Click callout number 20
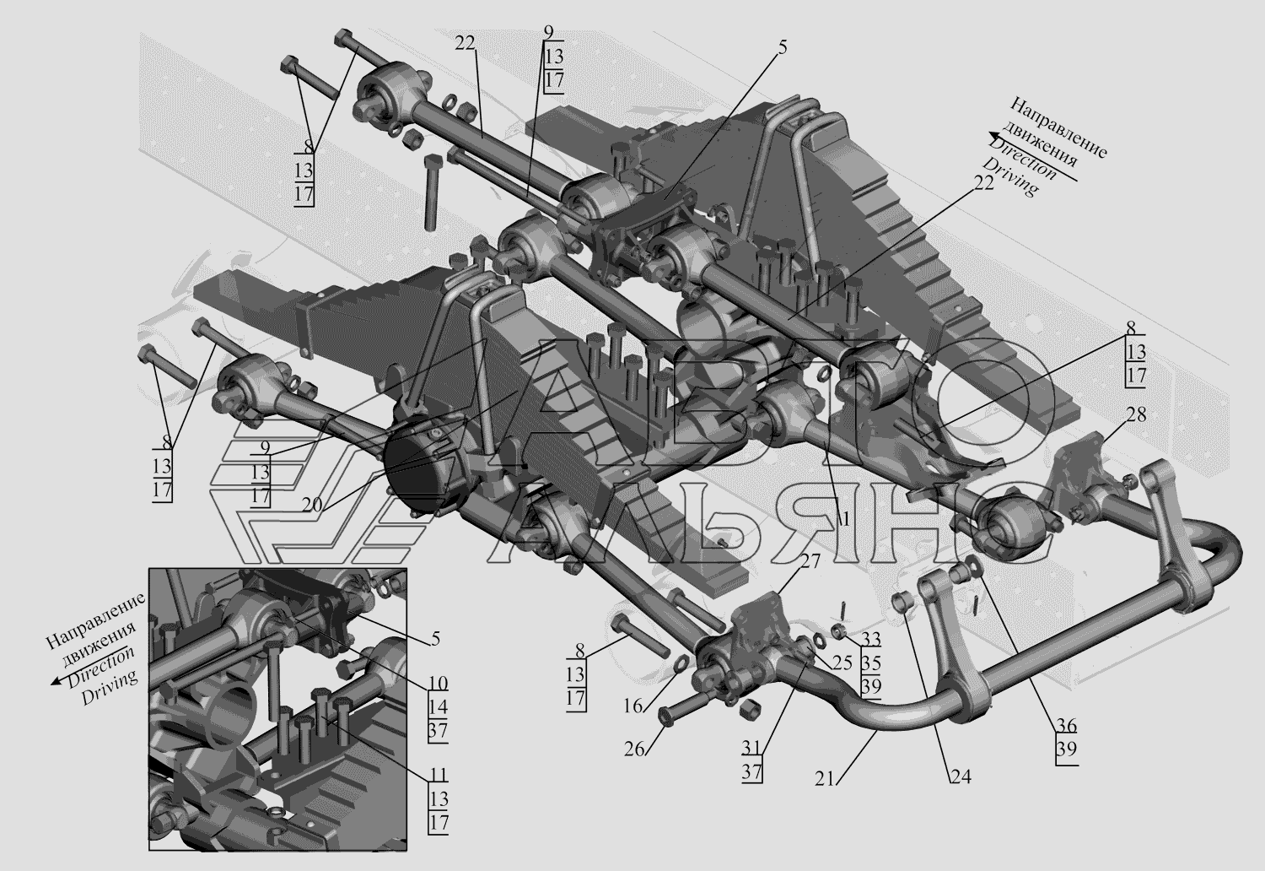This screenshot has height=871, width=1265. click(x=312, y=506)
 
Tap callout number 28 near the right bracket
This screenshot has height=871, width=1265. click(x=1136, y=415)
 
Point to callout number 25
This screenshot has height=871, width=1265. click(x=842, y=664)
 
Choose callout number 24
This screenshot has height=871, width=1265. click(x=960, y=777)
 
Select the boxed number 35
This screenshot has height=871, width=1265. click(x=871, y=663)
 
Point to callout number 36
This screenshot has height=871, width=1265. click(x=1065, y=726)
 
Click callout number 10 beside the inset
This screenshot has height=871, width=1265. click(x=437, y=683)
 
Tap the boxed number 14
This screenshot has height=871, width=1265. click(x=437, y=707)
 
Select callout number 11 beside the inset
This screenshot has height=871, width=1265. click(x=437, y=776)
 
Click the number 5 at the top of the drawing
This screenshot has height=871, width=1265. click(x=782, y=48)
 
